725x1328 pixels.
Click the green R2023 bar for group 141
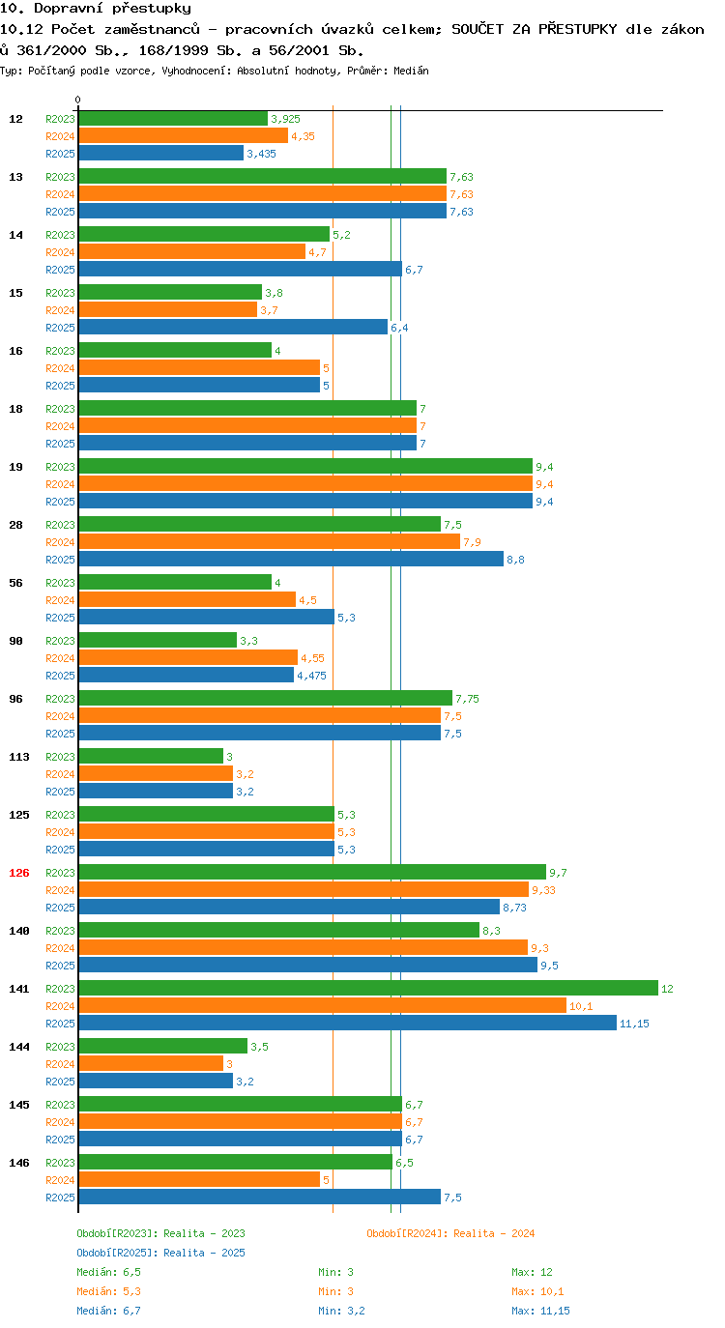(368, 988)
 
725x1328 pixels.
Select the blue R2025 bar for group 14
(240, 269)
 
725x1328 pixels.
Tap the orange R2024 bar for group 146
(199, 1179)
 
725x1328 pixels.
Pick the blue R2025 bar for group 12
(161, 153)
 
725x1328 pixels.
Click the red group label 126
(19, 873)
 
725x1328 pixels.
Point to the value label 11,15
(634, 1024)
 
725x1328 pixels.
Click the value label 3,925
(286, 119)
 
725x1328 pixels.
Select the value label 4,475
(312, 676)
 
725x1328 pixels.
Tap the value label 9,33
(543, 890)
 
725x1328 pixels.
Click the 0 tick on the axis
(77, 100)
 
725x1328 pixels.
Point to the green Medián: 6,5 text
(108, 1272)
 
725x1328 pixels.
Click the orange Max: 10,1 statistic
(537, 1290)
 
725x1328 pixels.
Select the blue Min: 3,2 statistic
(341, 1311)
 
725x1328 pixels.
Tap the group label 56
(16, 583)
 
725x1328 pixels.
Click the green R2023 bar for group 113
(151, 756)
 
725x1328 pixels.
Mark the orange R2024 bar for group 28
(269, 541)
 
